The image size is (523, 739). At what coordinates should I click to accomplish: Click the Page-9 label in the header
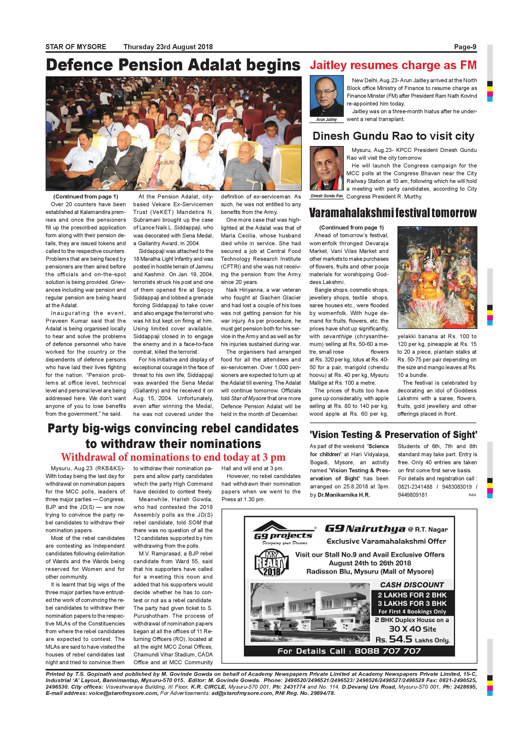[x=465, y=47]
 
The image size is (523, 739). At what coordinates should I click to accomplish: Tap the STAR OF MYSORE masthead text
[x=76, y=47]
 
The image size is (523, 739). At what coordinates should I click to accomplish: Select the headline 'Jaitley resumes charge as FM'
[x=393, y=65]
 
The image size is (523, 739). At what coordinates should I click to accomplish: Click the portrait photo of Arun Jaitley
[x=327, y=96]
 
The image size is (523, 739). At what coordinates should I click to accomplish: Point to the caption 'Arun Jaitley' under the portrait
[x=327, y=120]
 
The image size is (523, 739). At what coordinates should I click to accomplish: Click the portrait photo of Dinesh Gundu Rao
[x=327, y=168]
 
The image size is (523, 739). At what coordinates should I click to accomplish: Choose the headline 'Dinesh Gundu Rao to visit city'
[x=393, y=136]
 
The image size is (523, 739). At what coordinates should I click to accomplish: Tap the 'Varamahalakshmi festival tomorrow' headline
[x=393, y=213]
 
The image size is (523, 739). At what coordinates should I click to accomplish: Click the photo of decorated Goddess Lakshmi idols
[x=437, y=277]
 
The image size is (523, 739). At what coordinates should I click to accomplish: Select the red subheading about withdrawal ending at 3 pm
[x=173, y=457]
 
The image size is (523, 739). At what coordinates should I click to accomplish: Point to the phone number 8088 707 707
[x=388, y=651]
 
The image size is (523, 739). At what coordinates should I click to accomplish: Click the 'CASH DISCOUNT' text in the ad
[x=412, y=585]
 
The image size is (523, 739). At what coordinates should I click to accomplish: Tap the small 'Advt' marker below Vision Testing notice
[x=472, y=495]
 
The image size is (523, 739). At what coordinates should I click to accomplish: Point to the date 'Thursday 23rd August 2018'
[x=168, y=47]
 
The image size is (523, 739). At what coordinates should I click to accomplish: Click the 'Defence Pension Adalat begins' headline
[x=173, y=65]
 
